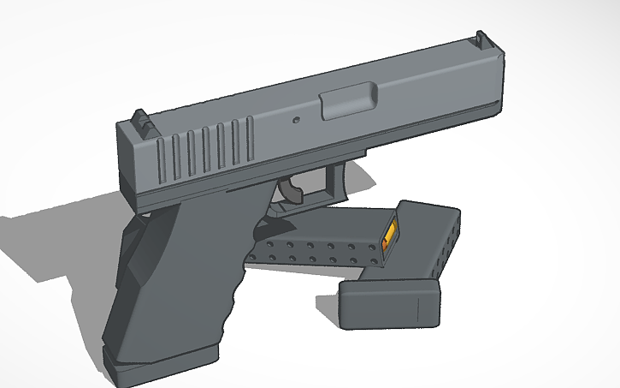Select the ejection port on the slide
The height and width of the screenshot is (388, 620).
[x=348, y=102]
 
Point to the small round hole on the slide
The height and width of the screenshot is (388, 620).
[x=297, y=121]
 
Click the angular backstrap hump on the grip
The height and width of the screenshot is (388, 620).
[x=128, y=257]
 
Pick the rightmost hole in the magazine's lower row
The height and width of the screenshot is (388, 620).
[x=377, y=262]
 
